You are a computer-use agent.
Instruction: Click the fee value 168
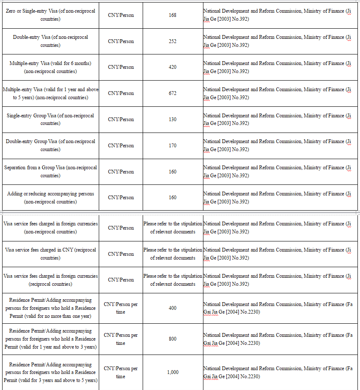click(172, 15)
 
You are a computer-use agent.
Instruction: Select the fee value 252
click(172, 41)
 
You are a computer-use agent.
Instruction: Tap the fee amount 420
click(172, 67)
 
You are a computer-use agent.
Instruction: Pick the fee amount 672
click(172, 93)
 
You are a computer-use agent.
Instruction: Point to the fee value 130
click(172, 119)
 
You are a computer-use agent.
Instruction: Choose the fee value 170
click(172, 146)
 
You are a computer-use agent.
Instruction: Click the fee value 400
click(172, 308)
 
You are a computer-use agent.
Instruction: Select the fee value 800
click(172, 339)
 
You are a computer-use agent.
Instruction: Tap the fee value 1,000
click(172, 372)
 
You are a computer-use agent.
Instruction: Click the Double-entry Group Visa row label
click(50, 146)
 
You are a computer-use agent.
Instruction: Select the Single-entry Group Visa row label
click(50, 119)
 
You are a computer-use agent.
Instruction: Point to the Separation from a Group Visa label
click(50, 171)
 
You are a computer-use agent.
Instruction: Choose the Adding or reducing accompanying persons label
click(50, 198)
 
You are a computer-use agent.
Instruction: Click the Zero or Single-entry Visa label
click(50, 15)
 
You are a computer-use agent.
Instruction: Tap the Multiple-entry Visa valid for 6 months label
click(50, 67)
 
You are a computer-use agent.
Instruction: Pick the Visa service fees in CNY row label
click(50, 254)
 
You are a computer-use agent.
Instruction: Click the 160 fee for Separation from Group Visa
click(172, 172)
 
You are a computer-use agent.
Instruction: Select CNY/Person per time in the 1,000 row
click(121, 372)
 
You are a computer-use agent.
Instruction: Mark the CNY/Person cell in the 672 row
click(121, 93)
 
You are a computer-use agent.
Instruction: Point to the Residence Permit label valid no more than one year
click(50, 308)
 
